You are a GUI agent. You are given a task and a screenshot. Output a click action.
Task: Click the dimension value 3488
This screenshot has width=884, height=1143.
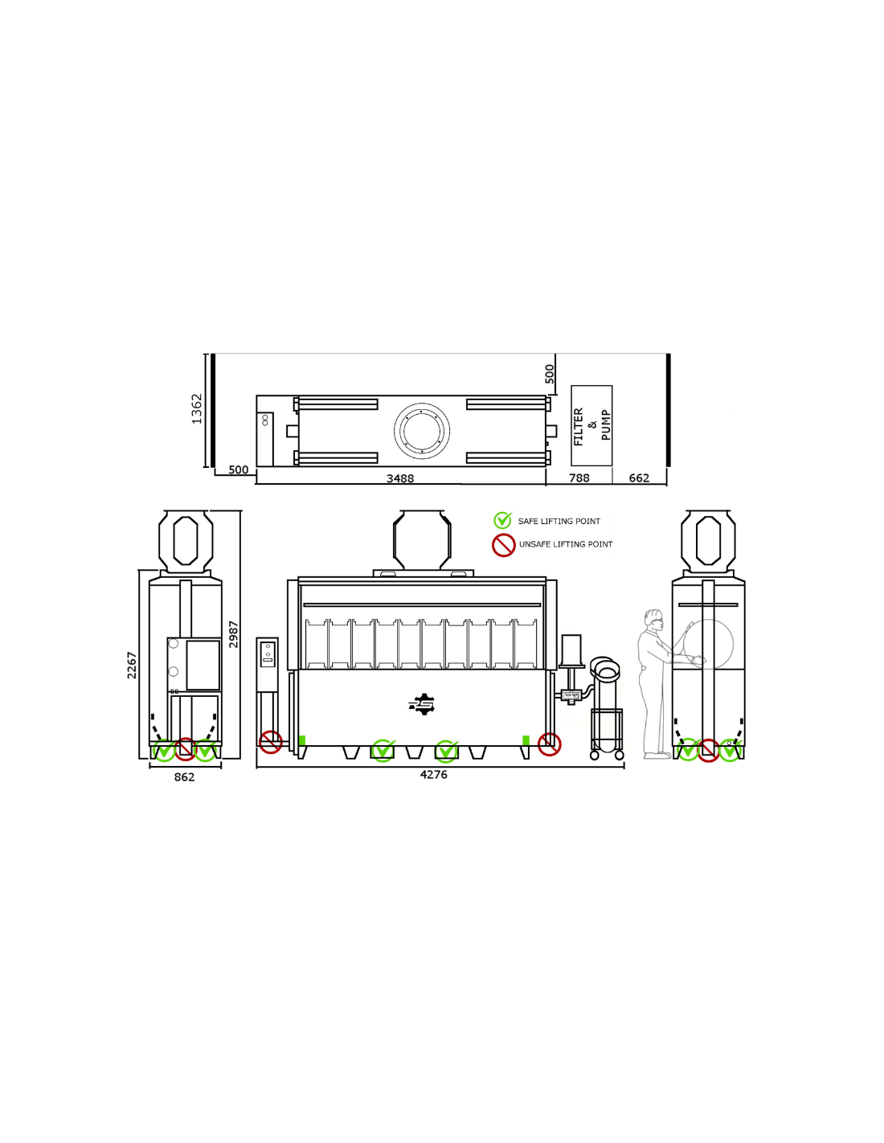[x=400, y=478]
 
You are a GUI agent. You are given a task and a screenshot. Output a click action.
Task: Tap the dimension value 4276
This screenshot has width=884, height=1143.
[x=434, y=775]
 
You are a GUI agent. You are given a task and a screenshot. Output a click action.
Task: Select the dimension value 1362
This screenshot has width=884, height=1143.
[x=197, y=408]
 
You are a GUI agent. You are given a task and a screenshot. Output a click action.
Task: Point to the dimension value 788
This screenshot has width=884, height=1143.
[x=579, y=477]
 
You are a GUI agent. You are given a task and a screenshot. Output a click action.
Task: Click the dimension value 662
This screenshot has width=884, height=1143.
[x=639, y=477]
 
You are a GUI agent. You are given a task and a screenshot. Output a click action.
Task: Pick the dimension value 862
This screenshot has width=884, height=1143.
[x=185, y=777]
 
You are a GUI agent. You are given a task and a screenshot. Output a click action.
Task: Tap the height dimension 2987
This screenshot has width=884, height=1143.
[x=234, y=634]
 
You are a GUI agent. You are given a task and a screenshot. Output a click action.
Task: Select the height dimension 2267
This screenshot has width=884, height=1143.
[x=132, y=666]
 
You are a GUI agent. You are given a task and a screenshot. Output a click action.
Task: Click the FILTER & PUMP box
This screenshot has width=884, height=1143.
[x=591, y=425]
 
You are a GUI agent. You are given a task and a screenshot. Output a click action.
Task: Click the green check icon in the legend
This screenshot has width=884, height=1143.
[x=502, y=520]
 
